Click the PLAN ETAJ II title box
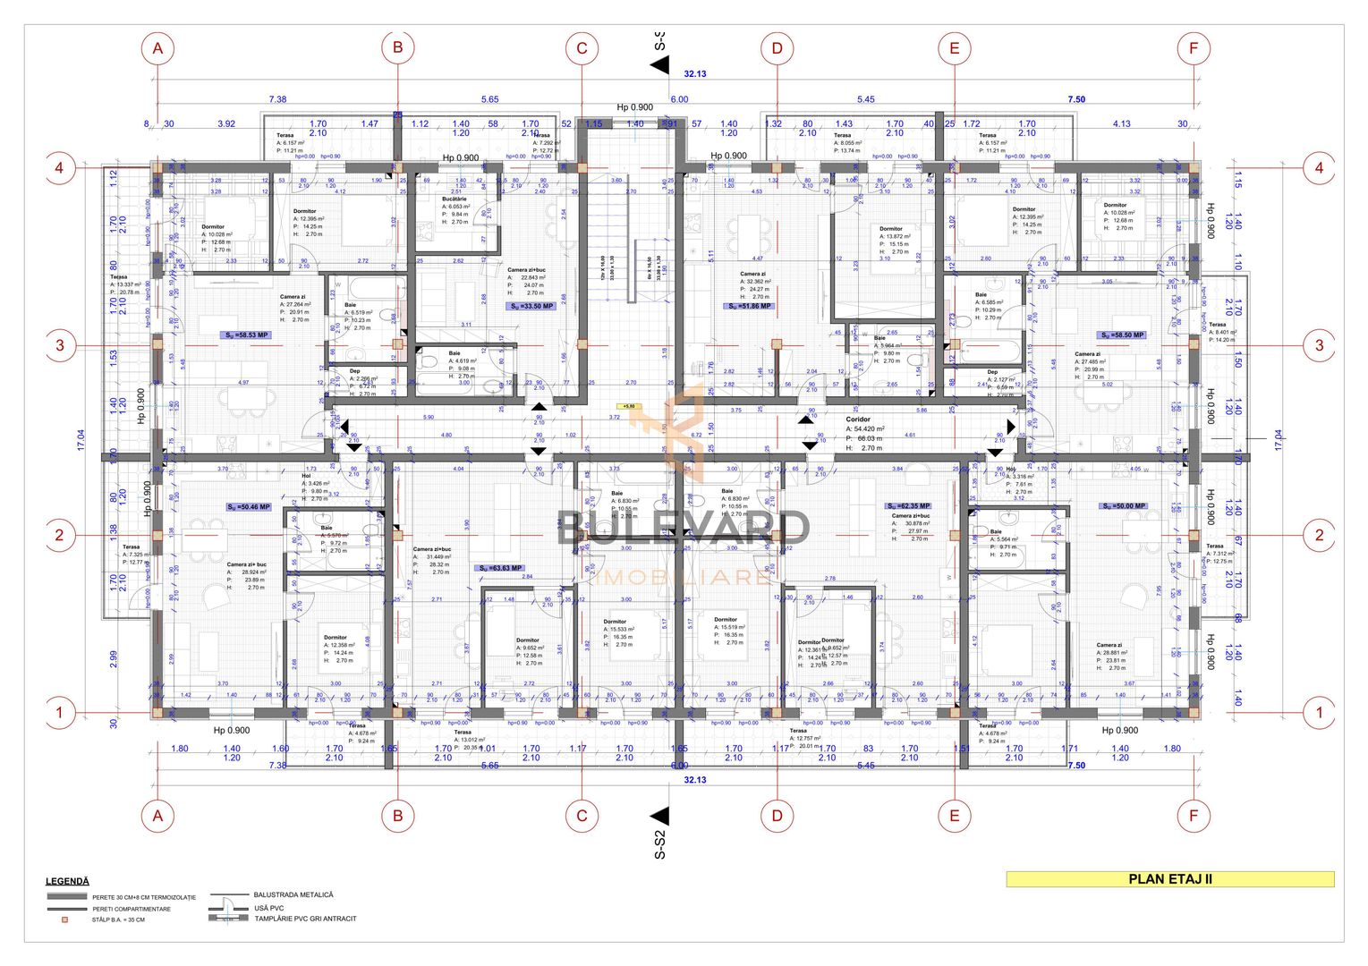click(1169, 879)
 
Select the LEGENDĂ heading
click(67, 882)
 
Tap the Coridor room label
click(857, 419)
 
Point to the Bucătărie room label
click(454, 199)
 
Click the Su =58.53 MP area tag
click(246, 335)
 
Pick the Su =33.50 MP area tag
click(531, 306)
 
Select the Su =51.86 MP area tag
click(749, 306)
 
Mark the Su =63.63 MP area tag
click(500, 568)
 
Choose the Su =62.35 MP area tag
click(908, 506)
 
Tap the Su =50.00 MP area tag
click(1125, 506)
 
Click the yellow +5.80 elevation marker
click(630, 406)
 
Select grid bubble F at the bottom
click(1193, 815)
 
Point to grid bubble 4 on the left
click(60, 167)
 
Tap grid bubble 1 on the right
click(1319, 713)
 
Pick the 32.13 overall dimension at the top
click(694, 74)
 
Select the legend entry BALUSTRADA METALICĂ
click(293, 894)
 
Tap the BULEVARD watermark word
click(684, 528)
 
